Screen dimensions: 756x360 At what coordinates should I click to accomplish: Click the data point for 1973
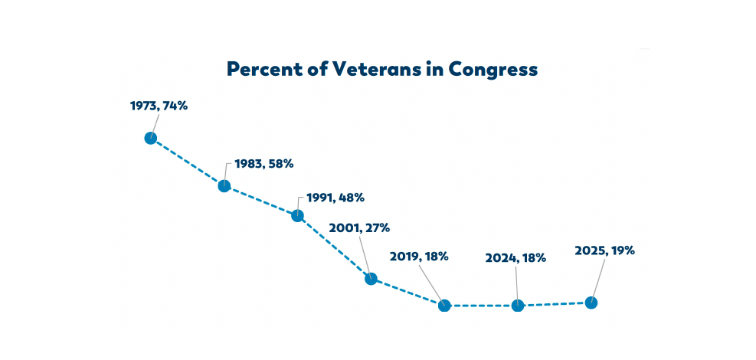[151, 139]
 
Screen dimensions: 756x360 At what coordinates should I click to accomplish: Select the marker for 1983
[224, 185]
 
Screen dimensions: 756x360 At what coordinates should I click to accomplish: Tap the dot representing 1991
[297, 215]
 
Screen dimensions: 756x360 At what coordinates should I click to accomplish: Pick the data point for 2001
[371, 279]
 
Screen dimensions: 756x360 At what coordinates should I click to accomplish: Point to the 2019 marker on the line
[444, 306]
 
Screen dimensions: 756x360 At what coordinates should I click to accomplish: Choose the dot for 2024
[517, 306]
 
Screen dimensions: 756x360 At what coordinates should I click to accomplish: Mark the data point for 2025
[591, 303]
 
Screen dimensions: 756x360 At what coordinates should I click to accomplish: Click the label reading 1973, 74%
[159, 106]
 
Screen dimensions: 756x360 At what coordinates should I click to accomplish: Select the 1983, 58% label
[263, 164]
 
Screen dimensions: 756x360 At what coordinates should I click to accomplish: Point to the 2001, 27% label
[359, 228]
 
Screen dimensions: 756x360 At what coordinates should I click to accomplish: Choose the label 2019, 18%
[420, 257]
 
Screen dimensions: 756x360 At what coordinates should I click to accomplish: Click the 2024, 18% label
[515, 258]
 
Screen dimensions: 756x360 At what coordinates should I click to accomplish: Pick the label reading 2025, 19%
[604, 250]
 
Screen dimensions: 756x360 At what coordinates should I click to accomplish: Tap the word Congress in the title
[492, 70]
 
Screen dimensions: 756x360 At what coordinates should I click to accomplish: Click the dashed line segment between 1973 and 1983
[188, 162]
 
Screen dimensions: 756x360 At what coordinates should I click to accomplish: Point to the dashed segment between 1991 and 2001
[334, 247]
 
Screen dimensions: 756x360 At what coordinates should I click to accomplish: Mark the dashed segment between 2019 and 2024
[481, 306]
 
